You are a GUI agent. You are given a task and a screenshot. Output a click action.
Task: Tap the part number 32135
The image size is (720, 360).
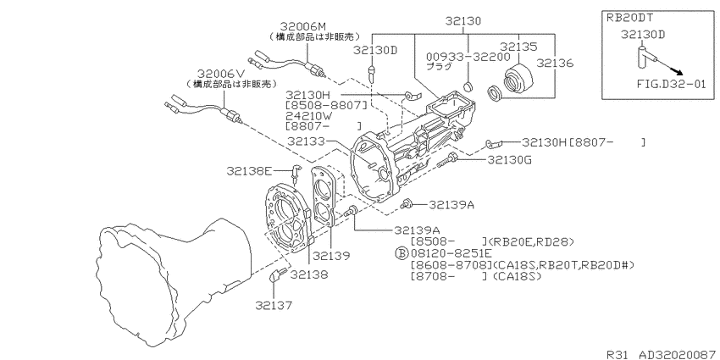[x=518, y=47]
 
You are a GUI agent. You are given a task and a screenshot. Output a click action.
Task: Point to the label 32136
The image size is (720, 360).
[x=555, y=63]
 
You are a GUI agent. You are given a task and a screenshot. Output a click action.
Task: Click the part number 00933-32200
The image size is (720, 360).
[x=468, y=57]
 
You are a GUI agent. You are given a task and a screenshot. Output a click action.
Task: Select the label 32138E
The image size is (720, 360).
[x=249, y=171]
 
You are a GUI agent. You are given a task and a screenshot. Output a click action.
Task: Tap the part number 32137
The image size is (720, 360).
[x=274, y=305]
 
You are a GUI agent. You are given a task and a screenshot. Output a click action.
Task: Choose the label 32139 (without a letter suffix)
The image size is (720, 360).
[x=331, y=256]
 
